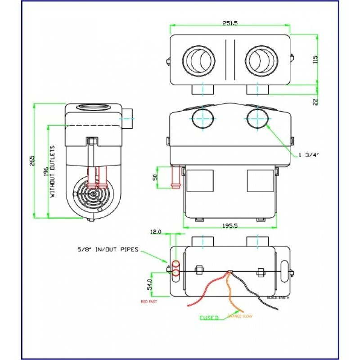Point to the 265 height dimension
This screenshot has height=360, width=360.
32,161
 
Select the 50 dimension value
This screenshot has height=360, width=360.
155,176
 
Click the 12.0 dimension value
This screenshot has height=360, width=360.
155,232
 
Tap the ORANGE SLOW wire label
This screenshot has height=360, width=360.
240,316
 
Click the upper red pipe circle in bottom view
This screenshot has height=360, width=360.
176,264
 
